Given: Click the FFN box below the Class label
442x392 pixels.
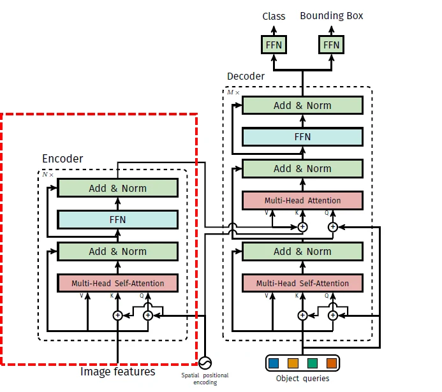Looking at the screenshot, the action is tap(274, 45).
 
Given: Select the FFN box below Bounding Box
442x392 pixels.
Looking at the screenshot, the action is tap(331, 45).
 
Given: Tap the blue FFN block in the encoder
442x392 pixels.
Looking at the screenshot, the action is tap(117, 219).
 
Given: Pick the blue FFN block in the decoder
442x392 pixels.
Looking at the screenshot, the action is tap(302, 137).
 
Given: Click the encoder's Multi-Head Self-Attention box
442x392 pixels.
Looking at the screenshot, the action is tap(117, 283).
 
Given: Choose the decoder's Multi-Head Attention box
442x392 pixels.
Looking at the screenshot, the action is tap(302, 201).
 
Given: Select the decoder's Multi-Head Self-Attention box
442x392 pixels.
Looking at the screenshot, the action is tap(302, 283).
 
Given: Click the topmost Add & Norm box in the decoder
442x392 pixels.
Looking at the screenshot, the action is tap(302, 105).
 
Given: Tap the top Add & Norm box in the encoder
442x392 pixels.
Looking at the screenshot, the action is tap(117, 188).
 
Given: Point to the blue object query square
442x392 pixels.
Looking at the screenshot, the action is tap(274, 363).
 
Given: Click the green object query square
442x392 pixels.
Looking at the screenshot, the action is tap(313, 363).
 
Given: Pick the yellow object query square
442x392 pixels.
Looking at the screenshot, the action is tap(293, 363).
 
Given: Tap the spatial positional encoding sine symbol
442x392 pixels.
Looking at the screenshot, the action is tap(205, 363).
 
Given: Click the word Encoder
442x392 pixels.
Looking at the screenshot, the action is tap(63, 159).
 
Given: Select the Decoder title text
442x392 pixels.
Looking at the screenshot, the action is tap(246, 76).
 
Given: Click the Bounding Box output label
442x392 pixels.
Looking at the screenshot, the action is tap(332, 16).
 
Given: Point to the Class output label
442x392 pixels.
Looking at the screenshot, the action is tap(274, 16).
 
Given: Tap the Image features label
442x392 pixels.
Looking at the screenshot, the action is tap(118, 372).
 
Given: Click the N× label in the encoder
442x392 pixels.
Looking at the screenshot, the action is tap(48, 175).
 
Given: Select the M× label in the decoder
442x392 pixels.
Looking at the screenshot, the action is tap(233, 92).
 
